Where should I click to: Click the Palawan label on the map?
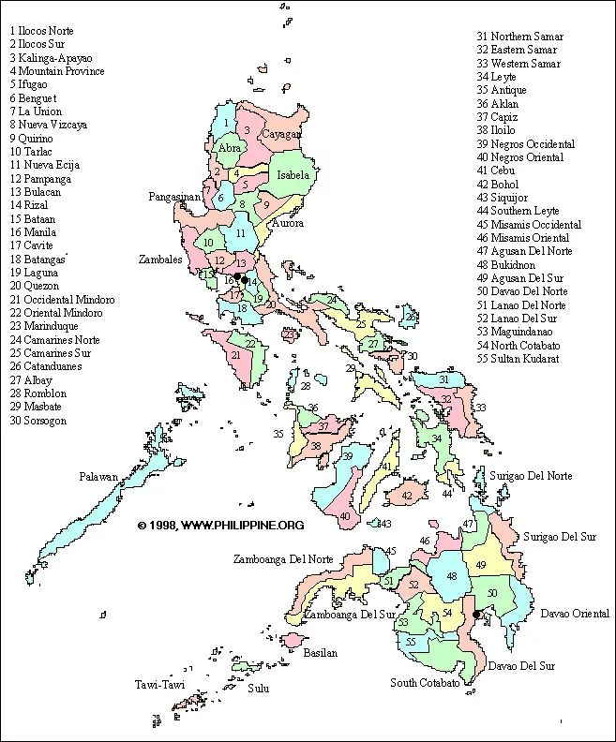[x=98, y=477]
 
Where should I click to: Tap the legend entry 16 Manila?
[x=33, y=232]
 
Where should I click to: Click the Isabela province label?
[x=293, y=175]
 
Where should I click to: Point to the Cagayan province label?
[x=281, y=134]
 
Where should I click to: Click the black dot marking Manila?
[x=244, y=279]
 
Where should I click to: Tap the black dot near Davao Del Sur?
[x=476, y=616]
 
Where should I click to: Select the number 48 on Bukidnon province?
[x=451, y=576]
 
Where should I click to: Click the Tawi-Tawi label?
[x=159, y=685]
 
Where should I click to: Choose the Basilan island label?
[x=320, y=653]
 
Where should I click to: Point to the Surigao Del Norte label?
[x=530, y=476]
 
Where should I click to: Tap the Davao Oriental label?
[x=575, y=614]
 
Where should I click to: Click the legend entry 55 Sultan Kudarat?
[x=518, y=359]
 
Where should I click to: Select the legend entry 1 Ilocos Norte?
[x=41, y=31]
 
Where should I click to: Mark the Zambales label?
[x=160, y=260]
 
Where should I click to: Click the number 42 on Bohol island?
[x=406, y=496]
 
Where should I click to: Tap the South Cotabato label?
[x=425, y=683]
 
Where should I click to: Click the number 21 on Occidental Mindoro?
[x=236, y=354]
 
